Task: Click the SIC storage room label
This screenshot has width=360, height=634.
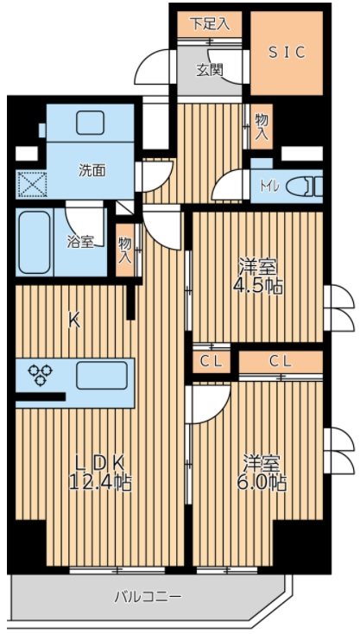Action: click(286, 53)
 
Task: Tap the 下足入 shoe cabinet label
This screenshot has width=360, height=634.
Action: click(211, 23)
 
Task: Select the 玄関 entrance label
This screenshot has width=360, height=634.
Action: click(210, 70)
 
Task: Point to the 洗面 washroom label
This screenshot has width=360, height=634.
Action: click(92, 170)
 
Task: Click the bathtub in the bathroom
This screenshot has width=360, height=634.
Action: click(37, 241)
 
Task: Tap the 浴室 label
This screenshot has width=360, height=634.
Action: click(80, 243)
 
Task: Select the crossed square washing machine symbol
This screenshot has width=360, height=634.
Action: click(30, 185)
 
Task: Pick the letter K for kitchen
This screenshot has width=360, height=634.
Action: click(74, 320)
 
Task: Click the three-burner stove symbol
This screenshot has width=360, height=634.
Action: click(41, 375)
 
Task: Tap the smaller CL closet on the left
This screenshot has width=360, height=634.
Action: click(210, 361)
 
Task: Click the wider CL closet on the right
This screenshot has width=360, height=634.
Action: click(279, 361)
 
